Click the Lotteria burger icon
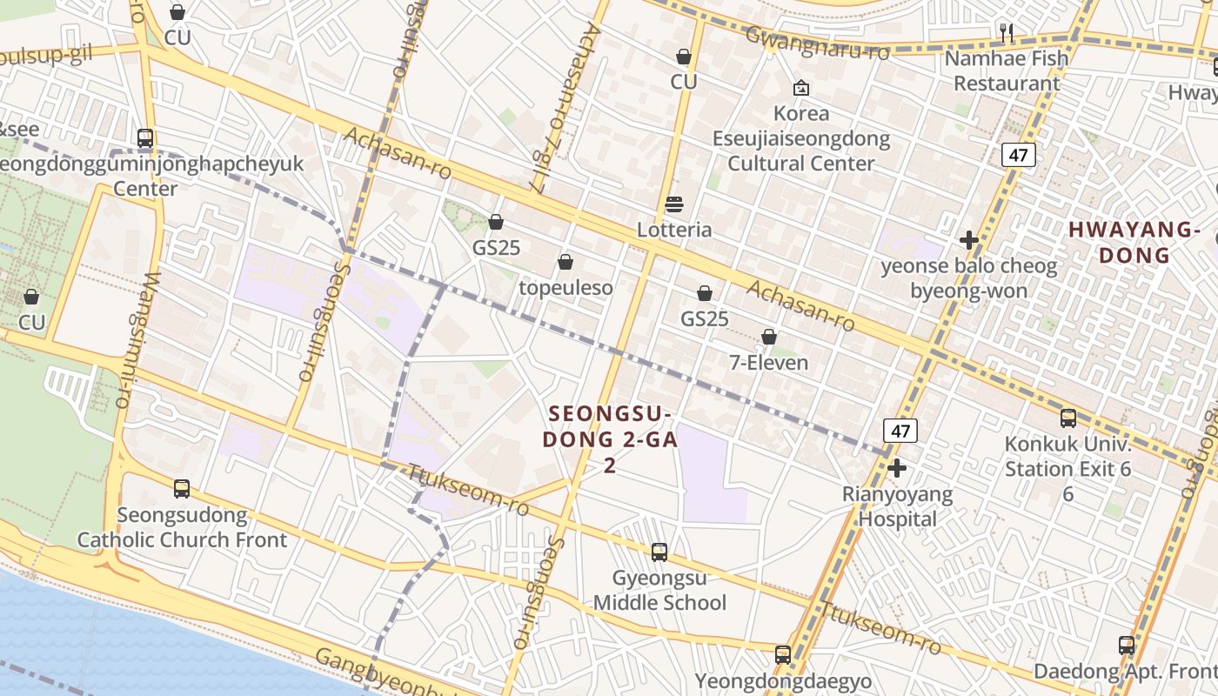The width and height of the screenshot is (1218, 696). (x=674, y=205)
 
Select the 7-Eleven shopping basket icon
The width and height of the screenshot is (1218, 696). (x=769, y=337)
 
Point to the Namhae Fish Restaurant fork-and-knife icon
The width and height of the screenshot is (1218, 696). (x=1007, y=33)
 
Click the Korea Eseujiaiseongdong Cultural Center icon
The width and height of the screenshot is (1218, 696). (x=800, y=88)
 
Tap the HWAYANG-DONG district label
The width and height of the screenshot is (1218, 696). (x=1134, y=243)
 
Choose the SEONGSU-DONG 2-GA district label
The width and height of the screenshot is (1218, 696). (x=610, y=438)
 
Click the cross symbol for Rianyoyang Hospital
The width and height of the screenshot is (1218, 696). (x=897, y=468)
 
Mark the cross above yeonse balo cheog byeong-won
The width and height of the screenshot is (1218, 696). (x=969, y=240)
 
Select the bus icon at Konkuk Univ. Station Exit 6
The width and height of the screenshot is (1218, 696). (x=1068, y=418)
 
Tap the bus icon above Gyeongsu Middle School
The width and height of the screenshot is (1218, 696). (x=659, y=552)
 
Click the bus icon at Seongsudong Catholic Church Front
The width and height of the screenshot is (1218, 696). (x=182, y=489)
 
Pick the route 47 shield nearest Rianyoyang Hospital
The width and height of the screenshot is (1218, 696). (x=900, y=431)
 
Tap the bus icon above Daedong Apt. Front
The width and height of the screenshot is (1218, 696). (x=1127, y=646)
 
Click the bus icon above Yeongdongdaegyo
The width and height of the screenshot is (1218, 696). (x=783, y=654)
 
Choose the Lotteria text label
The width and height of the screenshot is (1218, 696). (x=674, y=231)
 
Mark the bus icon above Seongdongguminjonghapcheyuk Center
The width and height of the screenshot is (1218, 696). (x=145, y=138)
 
